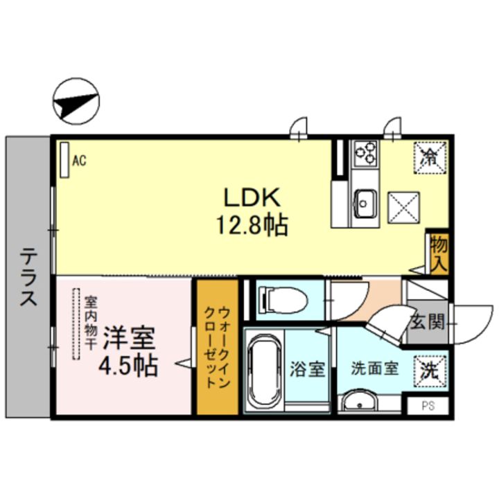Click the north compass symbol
point(76,101)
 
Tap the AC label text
point(79,161)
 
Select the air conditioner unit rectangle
point(64,159)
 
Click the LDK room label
point(252,197)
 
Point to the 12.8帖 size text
point(252,226)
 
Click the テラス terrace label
point(28,276)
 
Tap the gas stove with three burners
point(366,154)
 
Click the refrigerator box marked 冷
point(430,158)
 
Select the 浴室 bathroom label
point(307,369)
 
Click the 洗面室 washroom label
point(374,368)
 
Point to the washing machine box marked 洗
point(430,371)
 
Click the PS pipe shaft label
point(428,406)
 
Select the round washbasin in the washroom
point(360,402)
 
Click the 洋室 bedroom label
point(129,338)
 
